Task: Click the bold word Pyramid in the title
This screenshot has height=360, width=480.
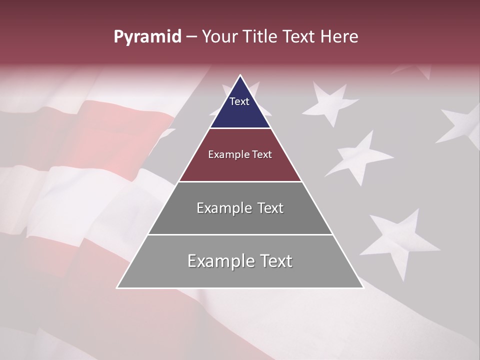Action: [x=147, y=37]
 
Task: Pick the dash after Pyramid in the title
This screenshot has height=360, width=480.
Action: [x=191, y=37]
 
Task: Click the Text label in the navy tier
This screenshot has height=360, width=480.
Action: [x=239, y=101]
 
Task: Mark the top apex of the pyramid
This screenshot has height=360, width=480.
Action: [x=240, y=75]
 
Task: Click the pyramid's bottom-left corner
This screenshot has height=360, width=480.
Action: [x=117, y=287]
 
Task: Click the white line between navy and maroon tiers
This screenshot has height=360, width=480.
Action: [x=240, y=128]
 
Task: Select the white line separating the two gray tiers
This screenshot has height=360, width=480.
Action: [x=240, y=234]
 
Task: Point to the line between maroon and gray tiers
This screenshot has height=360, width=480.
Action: [x=240, y=181]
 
